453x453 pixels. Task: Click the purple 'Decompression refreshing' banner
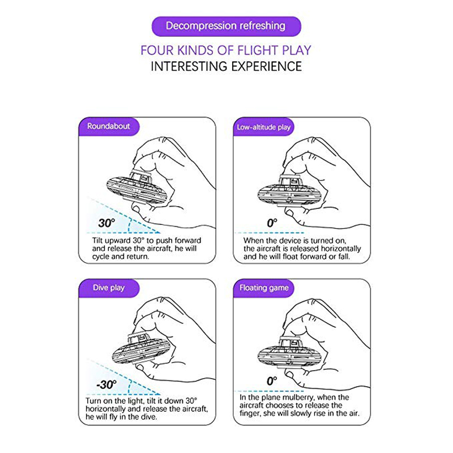[226, 26]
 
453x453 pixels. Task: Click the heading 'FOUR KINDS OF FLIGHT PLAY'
[226, 50]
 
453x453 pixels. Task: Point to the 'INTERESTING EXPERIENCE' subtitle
[226, 66]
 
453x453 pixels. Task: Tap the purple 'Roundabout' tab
[108, 126]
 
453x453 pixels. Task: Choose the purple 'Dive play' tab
[108, 288]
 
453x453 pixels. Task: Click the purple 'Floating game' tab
[263, 288]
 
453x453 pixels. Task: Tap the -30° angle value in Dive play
[106, 384]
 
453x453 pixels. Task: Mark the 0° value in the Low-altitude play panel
[272, 223]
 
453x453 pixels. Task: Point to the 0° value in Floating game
[272, 382]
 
